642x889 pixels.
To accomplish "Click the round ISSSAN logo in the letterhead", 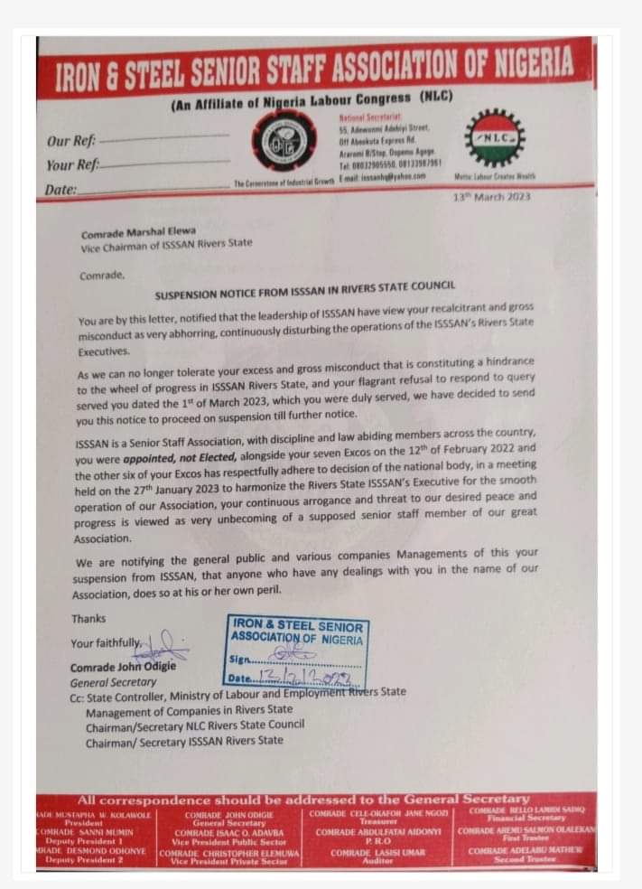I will point(284,141).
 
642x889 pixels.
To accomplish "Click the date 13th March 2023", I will point(492,197).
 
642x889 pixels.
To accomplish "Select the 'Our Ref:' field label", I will point(72,141).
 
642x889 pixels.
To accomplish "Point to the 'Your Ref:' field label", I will point(72,165).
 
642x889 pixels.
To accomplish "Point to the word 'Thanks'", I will point(88,619).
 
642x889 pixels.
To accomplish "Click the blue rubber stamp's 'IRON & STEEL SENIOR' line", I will point(297,626).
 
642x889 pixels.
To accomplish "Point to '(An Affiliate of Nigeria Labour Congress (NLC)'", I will point(312,98).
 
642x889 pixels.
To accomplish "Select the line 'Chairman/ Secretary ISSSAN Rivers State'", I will point(184,741).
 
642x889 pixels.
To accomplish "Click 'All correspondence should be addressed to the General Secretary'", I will point(304,800).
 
